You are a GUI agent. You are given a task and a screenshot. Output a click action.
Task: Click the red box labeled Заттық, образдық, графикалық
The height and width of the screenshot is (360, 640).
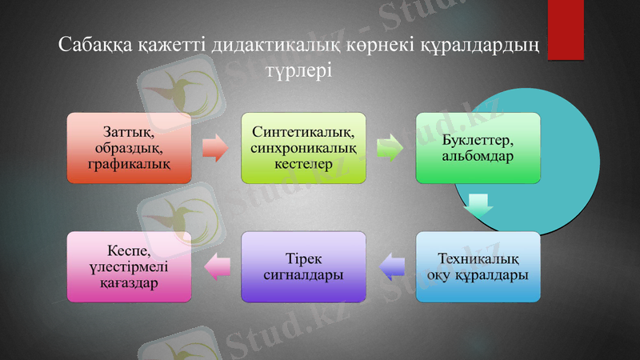130,148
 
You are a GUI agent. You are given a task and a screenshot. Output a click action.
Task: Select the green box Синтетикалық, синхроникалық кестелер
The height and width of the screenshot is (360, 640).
304,148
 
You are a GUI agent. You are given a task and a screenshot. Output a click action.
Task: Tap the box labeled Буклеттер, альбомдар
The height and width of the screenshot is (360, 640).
478,148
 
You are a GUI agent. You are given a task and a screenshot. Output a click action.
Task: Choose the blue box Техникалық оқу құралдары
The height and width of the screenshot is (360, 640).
478,266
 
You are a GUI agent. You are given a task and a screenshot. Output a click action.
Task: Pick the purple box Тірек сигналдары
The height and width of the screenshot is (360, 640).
304,266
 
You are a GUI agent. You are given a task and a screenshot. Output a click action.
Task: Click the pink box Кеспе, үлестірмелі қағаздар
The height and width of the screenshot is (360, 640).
130,266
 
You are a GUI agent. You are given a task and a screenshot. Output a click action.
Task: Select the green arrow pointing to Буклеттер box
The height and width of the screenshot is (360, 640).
390,148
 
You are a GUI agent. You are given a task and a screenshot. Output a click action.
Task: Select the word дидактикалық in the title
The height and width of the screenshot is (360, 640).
271,45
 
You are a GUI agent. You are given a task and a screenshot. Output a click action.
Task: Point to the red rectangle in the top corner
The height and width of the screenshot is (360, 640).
566,29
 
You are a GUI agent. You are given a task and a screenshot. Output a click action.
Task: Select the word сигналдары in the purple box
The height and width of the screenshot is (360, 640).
304,274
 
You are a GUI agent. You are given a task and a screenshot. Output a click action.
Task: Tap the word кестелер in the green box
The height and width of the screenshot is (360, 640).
304,163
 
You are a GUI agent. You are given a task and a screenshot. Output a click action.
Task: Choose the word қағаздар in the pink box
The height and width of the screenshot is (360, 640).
130,282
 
